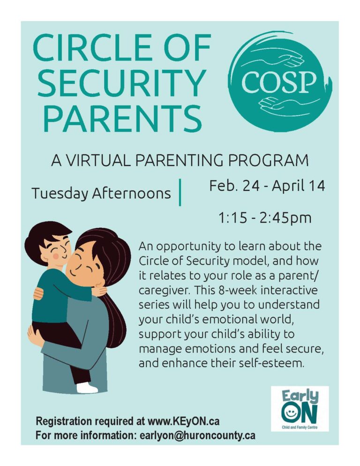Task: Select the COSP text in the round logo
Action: pos(278,82)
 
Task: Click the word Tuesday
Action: pos(60,194)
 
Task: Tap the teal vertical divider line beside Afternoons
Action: pos(180,192)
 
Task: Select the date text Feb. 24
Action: pos(233,186)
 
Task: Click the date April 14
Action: pos(298,186)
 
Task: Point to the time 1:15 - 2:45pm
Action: pos(265,218)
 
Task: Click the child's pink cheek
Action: pos(56,256)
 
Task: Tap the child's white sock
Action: pos(87,388)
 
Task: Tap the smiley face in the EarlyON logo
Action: pos(289,413)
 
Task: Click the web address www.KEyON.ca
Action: pos(183,421)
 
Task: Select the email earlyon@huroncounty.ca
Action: pos(197,436)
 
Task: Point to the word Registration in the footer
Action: pos(64,421)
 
